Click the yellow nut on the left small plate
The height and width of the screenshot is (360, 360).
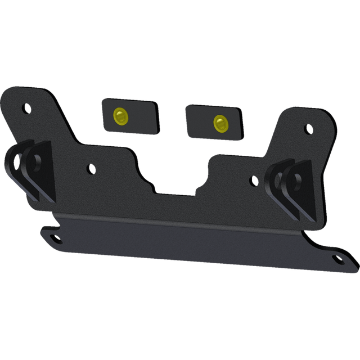(x=120, y=116)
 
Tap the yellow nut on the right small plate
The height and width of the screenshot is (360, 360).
(x=218, y=122)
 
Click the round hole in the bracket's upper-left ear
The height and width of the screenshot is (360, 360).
(x=25, y=107)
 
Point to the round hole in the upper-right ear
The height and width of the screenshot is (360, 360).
(x=308, y=130)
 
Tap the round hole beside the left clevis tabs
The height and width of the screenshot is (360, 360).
(x=90, y=168)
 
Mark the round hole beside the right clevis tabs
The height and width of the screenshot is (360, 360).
(x=254, y=181)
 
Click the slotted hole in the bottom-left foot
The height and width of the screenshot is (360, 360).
(x=57, y=238)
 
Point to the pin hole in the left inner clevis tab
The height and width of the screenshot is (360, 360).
(x=37, y=160)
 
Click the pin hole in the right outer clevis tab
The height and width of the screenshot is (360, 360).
(x=294, y=181)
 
